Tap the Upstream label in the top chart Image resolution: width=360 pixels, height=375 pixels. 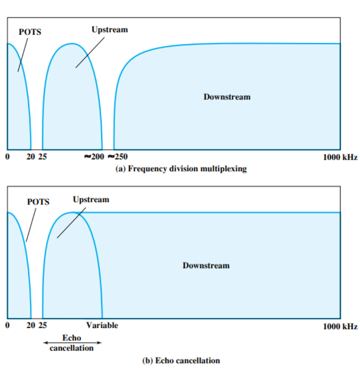(x=110, y=30)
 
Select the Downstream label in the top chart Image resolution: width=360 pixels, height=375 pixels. (x=227, y=97)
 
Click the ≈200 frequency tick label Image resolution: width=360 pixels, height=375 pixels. (x=94, y=157)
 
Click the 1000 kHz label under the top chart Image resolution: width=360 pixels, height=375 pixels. (x=340, y=158)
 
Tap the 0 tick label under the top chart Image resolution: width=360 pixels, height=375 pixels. (x=8, y=157)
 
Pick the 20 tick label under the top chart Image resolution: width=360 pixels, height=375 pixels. (x=31, y=157)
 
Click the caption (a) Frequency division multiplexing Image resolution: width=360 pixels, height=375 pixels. (x=181, y=169)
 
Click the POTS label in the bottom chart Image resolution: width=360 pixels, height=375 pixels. (x=38, y=202)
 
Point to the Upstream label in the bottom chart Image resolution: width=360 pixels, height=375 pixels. (x=91, y=199)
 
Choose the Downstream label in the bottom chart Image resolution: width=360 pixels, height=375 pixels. (x=206, y=265)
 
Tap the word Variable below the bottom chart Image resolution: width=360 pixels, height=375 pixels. (x=102, y=325)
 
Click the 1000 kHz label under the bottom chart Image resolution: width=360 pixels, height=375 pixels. (x=340, y=326)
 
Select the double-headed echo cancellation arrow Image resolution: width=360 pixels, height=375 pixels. (x=72, y=343)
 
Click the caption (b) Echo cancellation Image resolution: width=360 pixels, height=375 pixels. (x=181, y=360)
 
